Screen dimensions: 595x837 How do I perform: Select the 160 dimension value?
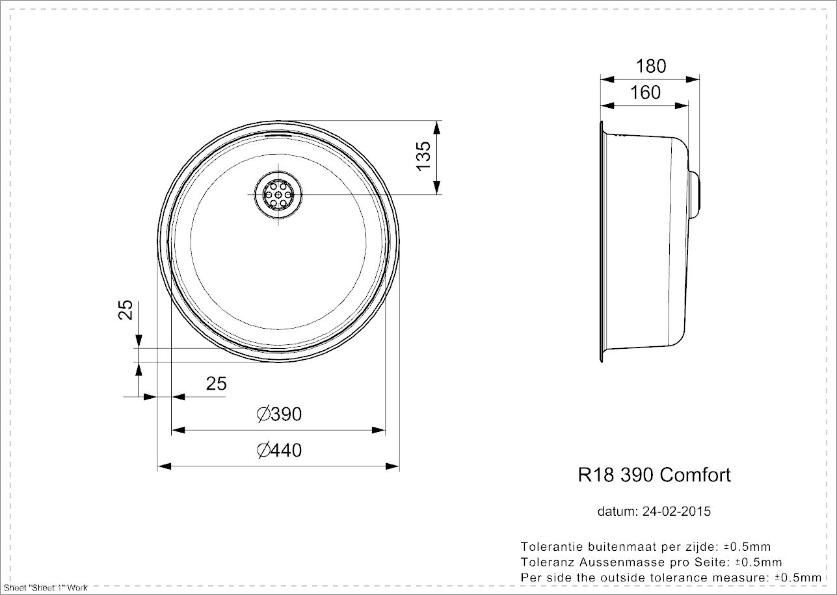click(645, 93)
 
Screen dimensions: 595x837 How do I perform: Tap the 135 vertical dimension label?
click(423, 156)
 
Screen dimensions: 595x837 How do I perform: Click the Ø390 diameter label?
click(279, 414)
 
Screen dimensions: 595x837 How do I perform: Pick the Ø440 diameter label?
click(279, 449)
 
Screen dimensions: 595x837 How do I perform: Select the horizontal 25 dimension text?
click(216, 384)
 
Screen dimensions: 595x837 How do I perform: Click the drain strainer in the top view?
click(278, 194)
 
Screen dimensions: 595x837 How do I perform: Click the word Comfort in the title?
click(695, 475)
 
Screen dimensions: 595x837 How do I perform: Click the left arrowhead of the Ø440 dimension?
click(164, 466)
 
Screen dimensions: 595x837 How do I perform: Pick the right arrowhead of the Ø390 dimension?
click(380, 430)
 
